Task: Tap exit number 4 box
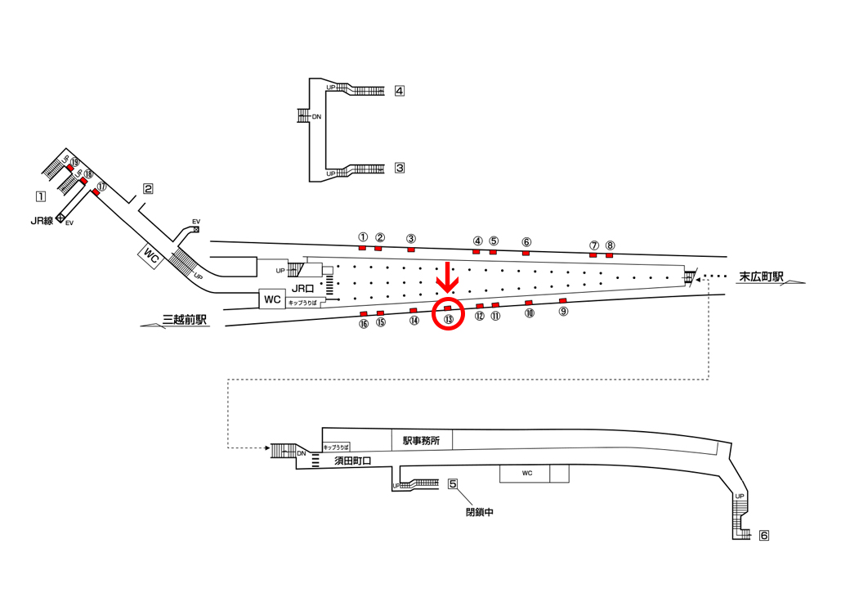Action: (x=400, y=91)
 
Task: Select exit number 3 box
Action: (x=400, y=169)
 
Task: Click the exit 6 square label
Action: (x=764, y=535)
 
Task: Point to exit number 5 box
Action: (x=453, y=483)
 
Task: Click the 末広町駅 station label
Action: (x=762, y=277)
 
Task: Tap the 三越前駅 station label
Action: (x=185, y=320)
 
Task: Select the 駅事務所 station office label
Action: (x=421, y=441)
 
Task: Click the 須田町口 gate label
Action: (x=352, y=461)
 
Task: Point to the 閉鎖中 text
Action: (x=479, y=512)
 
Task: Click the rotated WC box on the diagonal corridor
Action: (x=151, y=255)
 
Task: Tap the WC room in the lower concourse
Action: (x=527, y=474)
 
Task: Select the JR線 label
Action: (x=42, y=221)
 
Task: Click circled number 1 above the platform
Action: (x=363, y=237)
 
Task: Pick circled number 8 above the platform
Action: (x=610, y=245)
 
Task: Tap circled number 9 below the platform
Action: (x=564, y=312)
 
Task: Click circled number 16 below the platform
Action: (x=363, y=324)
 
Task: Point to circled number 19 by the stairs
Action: (x=75, y=162)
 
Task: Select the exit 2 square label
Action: (x=148, y=189)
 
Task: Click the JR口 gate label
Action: (x=302, y=290)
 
